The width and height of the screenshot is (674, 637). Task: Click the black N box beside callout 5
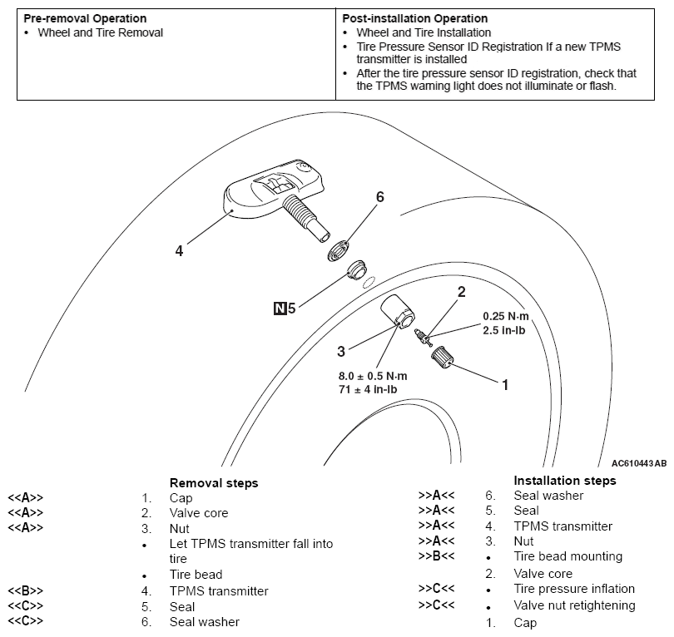coord(280,309)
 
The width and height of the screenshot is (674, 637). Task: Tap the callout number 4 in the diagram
coord(178,249)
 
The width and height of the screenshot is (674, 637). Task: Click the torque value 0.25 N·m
coord(506,316)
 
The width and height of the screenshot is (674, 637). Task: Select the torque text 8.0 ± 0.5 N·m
coord(372,375)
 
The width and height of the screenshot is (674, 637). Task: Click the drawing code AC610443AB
coord(638,463)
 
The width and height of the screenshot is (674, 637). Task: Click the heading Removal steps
coord(214,483)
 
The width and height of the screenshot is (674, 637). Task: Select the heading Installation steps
coord(565,481)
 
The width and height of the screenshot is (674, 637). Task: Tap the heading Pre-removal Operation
coord(85,18)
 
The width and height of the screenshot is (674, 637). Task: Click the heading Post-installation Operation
coord(415,18)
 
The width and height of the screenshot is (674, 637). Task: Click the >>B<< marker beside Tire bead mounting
coord(437,556)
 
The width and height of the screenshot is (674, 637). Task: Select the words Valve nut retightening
coord(574,605)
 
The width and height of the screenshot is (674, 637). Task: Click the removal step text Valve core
coord(198,513)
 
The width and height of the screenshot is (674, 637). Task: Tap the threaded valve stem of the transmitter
coord(303,215)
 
